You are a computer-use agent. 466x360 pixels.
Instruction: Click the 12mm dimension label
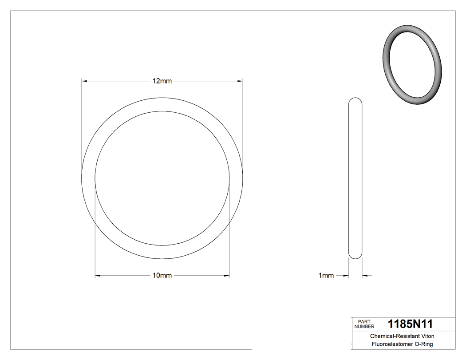pos(162,81)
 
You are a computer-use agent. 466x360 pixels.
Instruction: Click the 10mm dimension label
pos(162,276)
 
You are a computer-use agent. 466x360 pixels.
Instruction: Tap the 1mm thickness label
pos(326,276)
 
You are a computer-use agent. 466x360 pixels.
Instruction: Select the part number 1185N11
pos(410,324)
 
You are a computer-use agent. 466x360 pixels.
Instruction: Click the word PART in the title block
pos(364,321)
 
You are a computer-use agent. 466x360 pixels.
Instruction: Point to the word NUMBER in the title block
pos(364,326)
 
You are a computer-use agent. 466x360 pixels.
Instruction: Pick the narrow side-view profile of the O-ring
pos(355,178)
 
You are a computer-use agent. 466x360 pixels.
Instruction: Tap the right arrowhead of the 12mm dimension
pos(240,81)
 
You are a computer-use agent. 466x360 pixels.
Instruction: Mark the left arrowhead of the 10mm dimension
pos(98,276)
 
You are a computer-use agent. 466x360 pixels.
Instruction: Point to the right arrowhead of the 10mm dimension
pos(226,276)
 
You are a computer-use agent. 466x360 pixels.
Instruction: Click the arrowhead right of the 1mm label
pos(346,276)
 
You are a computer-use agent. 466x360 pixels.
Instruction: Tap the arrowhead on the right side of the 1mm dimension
pos(365,276)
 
